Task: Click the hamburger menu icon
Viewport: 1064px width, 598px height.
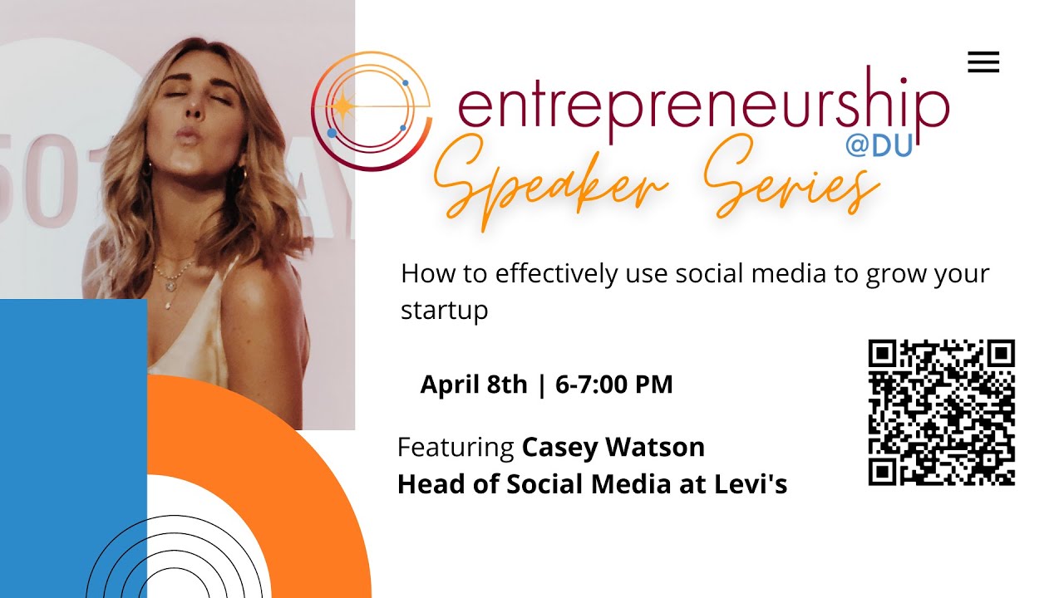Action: pyautogui.click(x=983, y=62)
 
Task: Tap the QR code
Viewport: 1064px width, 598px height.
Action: pyautogui.click(x=942, y=413)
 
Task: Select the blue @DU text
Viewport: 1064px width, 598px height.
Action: pyautogui.click(x=879, y=145)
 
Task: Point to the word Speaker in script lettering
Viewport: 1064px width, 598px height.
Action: pyautogui.click(x=551, y=183)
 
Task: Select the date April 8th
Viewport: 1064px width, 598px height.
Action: pyautogui.click(x=474, y=385)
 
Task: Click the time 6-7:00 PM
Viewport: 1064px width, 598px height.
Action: pyautogui.click(x=613, y=385)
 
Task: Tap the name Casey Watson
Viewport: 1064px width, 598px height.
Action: pyautogui.click(x=613, y=448)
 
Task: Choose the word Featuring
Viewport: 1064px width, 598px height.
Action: pyautogui.click(x=456, y=448)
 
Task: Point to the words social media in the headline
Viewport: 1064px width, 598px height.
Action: pyautogui.click(x=751, y=274)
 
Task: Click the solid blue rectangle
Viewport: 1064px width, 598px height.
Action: pyautogui.click(x=73, y=448)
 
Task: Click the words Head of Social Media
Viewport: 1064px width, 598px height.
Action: pyautogui.click(x=534, y=484)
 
